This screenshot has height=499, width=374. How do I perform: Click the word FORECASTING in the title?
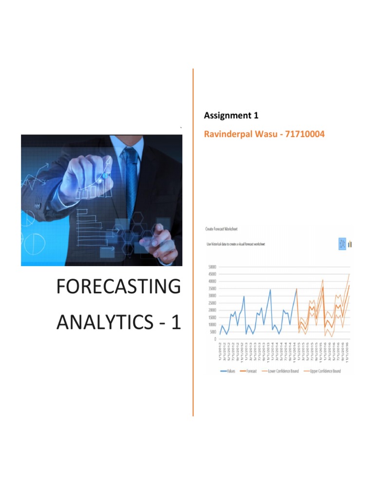tap(118, 287)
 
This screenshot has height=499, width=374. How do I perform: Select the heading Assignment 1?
tap(231, 115)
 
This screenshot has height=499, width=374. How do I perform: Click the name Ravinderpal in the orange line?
tap(228, 134)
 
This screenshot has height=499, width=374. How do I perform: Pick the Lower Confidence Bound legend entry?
tap(282, 371)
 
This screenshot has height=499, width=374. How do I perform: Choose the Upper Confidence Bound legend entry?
tap(322, 371)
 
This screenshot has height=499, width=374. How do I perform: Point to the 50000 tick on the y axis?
tap(212, 267)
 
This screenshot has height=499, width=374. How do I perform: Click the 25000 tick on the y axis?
tap(212, 303)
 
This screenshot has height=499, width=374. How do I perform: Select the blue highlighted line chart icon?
tap(342, 244)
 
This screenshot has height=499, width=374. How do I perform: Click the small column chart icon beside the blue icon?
tap(350, 244)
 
